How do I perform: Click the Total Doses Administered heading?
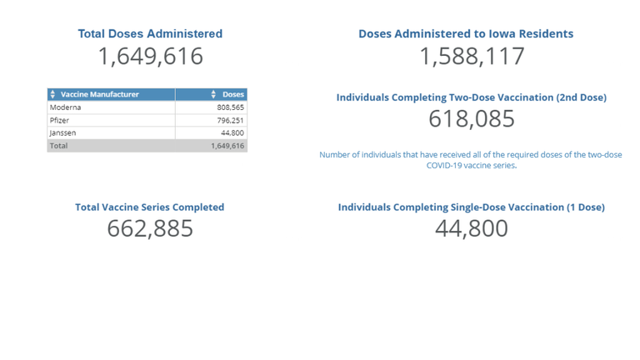pos(150,34)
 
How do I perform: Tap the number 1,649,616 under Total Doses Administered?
pos(150,57)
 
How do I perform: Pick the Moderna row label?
pos(66,107)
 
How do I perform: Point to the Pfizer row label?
pos(61,120)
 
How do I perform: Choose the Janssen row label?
pos(63,132)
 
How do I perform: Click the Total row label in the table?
pos(58,145)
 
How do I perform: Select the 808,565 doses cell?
pos(229,107)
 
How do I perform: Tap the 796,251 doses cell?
pos(229,120)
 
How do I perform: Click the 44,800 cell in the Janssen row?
pos(232,132)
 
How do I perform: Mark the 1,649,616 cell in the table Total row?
pos(227,145)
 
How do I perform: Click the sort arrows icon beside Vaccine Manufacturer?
pos(53,95)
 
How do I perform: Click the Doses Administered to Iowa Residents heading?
pos(466,34)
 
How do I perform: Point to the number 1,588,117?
pos(472,57)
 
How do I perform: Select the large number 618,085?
pos(472,119)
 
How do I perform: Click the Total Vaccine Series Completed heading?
pos(150,207)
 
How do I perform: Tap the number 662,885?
pos(150,228)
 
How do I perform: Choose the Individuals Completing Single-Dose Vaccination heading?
pos(472,207)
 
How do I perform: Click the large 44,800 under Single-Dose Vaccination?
pos(472,228)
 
